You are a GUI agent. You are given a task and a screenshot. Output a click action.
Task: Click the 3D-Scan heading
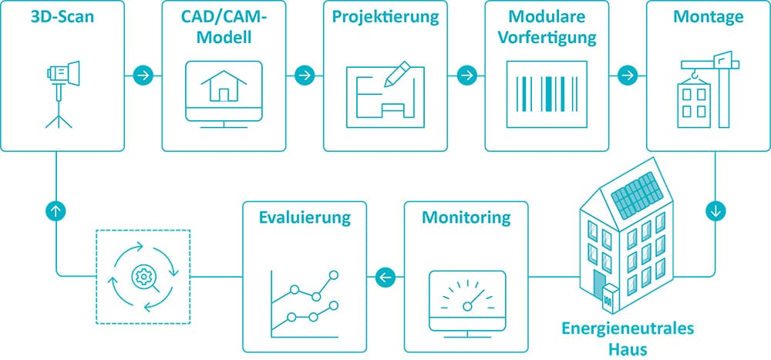coord(62,17)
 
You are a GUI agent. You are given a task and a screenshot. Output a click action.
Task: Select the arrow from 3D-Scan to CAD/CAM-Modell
coord(143,76)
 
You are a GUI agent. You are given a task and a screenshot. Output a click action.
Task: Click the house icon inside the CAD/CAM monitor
coord(224,86)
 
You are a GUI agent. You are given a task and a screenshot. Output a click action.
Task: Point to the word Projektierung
coord(385,18)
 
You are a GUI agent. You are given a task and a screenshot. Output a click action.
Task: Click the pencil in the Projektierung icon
coord(397,74)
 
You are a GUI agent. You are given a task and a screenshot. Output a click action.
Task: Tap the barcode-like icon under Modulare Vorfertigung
coord(547,93)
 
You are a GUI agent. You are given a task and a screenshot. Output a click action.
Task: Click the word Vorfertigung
coord(547,38)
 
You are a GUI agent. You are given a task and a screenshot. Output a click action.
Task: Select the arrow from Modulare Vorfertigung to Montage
coord(628,76)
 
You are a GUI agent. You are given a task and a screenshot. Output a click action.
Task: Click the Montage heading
coord(708,17)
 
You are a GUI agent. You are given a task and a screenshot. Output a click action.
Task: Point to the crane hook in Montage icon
coord(695,76)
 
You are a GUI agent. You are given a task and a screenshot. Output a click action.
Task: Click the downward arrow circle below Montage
coord(715,211)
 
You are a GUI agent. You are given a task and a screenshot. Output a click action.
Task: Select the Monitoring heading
coord(466,218)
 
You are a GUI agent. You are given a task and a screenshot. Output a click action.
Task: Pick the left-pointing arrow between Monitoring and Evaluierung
coord(385,278)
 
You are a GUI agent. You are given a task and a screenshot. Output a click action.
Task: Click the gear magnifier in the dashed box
coord(144,278)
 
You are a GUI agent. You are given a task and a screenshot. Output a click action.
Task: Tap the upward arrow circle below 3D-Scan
coord(56,211)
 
